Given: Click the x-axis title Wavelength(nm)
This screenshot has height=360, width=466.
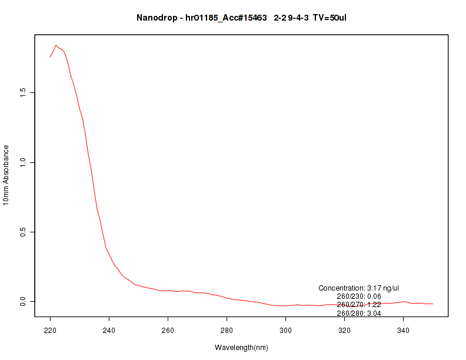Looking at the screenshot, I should (241, 348).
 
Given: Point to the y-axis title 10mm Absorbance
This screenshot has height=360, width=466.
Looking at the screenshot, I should (6, 175).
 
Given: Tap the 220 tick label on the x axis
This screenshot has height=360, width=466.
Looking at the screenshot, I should (51, 329).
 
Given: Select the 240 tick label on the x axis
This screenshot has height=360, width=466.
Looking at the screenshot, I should (109, 329).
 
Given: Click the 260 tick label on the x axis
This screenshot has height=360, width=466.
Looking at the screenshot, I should (168, 329).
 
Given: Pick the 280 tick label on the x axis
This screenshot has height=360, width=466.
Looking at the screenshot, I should (227, 329).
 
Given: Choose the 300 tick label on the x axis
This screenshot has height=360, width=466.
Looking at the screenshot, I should (286, 329).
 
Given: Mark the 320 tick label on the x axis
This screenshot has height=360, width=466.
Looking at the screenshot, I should (345, 329).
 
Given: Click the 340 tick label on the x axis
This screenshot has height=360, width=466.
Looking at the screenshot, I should (404, 329).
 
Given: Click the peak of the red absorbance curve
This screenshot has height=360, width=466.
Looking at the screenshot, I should (56, 45).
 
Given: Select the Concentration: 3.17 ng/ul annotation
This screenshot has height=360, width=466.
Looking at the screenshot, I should (359, 288).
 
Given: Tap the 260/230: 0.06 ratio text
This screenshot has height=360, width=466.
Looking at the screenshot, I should (359, 296).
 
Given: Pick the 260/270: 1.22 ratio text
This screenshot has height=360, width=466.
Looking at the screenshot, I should (359, 305).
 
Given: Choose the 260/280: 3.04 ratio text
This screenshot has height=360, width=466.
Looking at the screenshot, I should (359, 314).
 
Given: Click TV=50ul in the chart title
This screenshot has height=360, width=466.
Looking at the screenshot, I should (333, 18).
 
